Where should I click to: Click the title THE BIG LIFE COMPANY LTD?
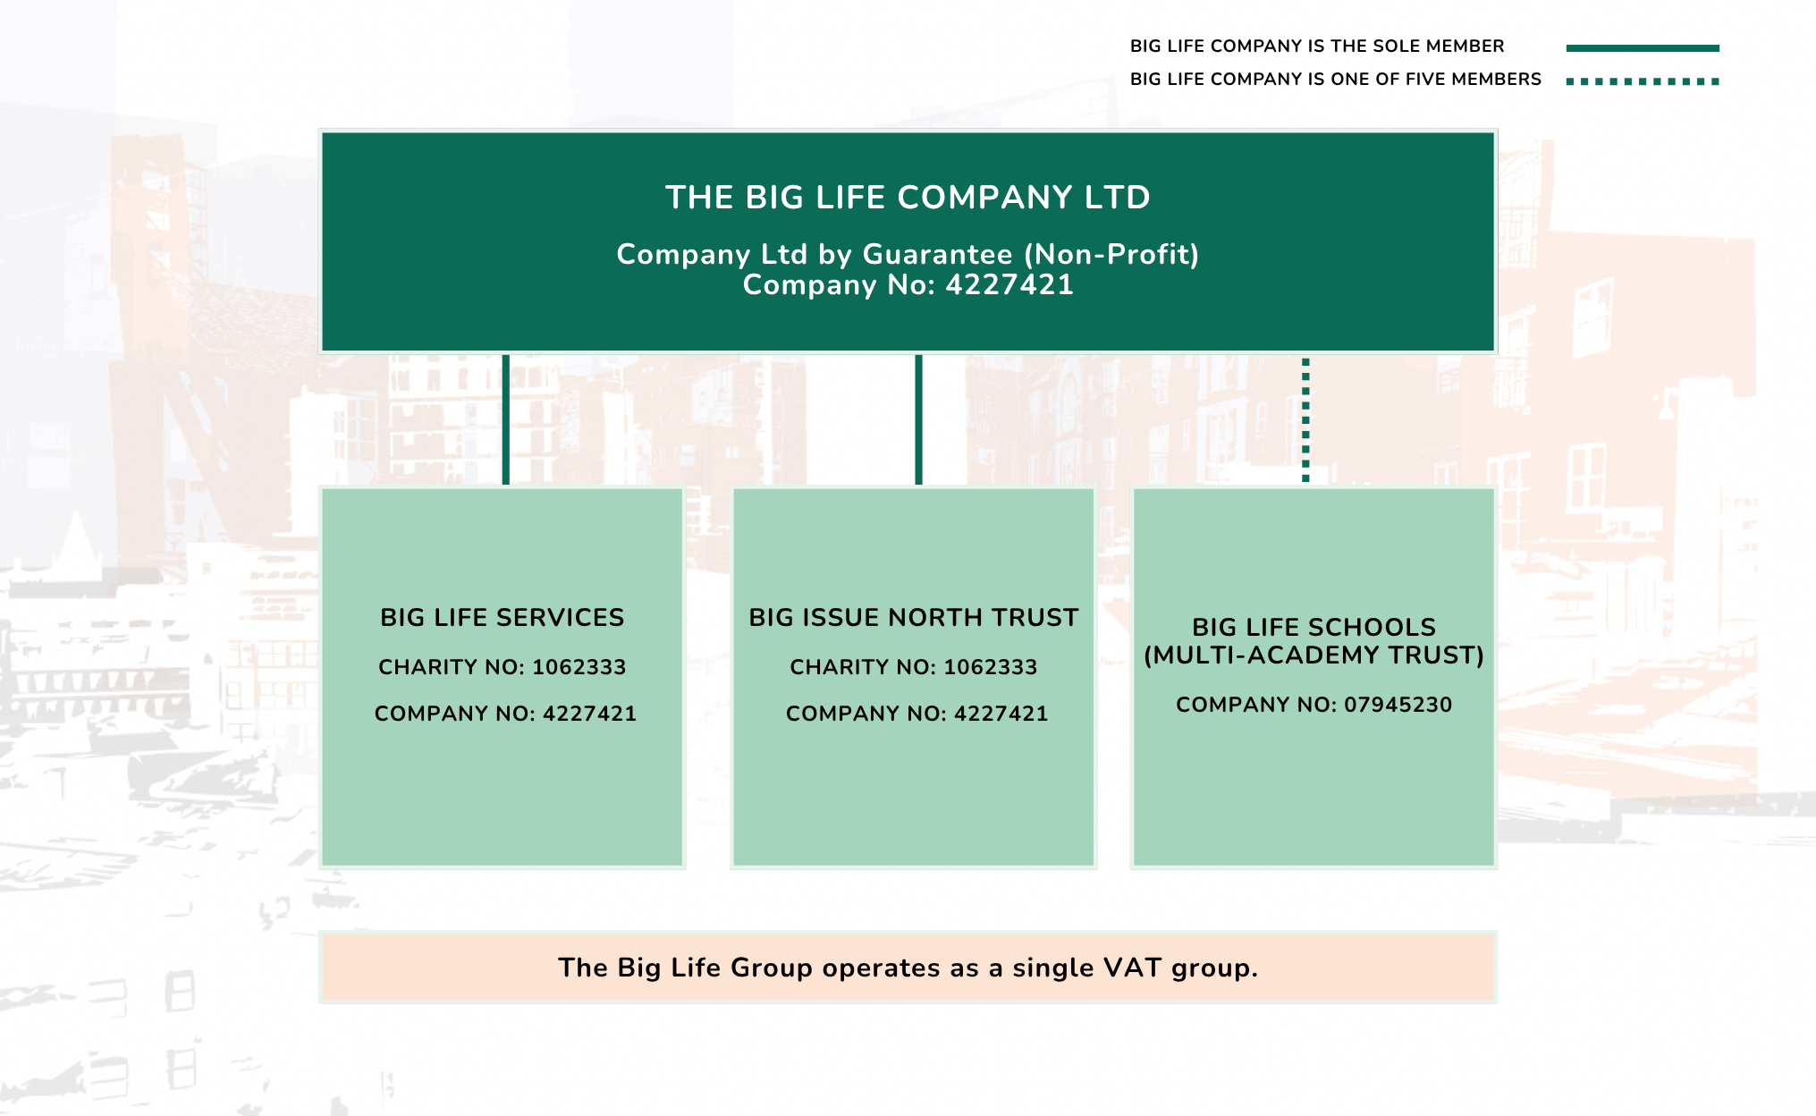[908, 198]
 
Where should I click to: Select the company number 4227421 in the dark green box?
[908, 285]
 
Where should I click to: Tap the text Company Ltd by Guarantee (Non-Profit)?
[908, 255]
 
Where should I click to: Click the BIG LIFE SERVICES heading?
[503, 618]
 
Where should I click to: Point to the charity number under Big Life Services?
[503, 667]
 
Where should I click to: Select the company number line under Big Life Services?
[505, 714]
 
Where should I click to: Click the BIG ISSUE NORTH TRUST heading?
[914, 618]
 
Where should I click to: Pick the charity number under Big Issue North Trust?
[914, 667]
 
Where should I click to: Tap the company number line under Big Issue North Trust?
[916, 714]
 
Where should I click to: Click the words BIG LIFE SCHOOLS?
[1314, 627]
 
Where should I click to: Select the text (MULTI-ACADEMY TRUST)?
[1314, 655]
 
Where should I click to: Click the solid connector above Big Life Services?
[506, 419]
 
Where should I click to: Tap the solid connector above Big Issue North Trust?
[918, 419]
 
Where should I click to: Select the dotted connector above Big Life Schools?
[1305, 419]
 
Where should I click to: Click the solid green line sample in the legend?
[1643, 48]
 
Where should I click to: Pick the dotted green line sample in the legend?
[1643, 81]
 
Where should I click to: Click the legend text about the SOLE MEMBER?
[1317, 46]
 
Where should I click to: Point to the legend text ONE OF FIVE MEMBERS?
[1336, 80]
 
